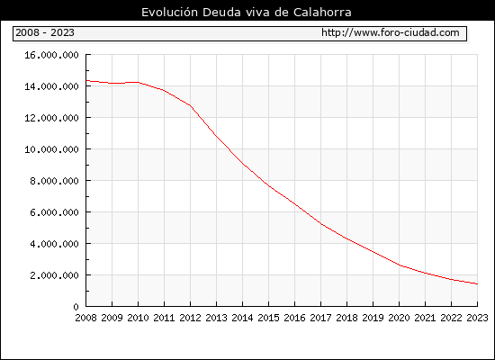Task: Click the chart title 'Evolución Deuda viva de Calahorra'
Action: click(247, 13)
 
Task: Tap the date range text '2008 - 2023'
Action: click(45, 32)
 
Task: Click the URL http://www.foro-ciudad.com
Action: click(391, 32)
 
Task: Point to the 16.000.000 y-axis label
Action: click(51, 55)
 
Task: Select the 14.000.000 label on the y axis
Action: click(51, 86)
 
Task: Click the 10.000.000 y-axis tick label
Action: click(51, 149)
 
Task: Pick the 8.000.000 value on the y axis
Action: click(54, 181)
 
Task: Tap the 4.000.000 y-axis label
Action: click(54, 244)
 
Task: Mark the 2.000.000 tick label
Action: click(54, 275)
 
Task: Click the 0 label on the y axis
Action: click(76, 307)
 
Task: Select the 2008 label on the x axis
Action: click(85, 318)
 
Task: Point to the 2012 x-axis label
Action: click(191, 318)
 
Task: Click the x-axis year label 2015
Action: click(269, 318)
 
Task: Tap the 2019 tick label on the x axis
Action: click(373, 318)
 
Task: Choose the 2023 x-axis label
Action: click(477, 318)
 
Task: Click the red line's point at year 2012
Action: click(191, 105)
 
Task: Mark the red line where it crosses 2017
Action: click(320, 224)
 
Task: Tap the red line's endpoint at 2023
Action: click(477, 283)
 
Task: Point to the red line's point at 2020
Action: click(399, 265)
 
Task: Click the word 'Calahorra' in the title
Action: click(322, 13)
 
